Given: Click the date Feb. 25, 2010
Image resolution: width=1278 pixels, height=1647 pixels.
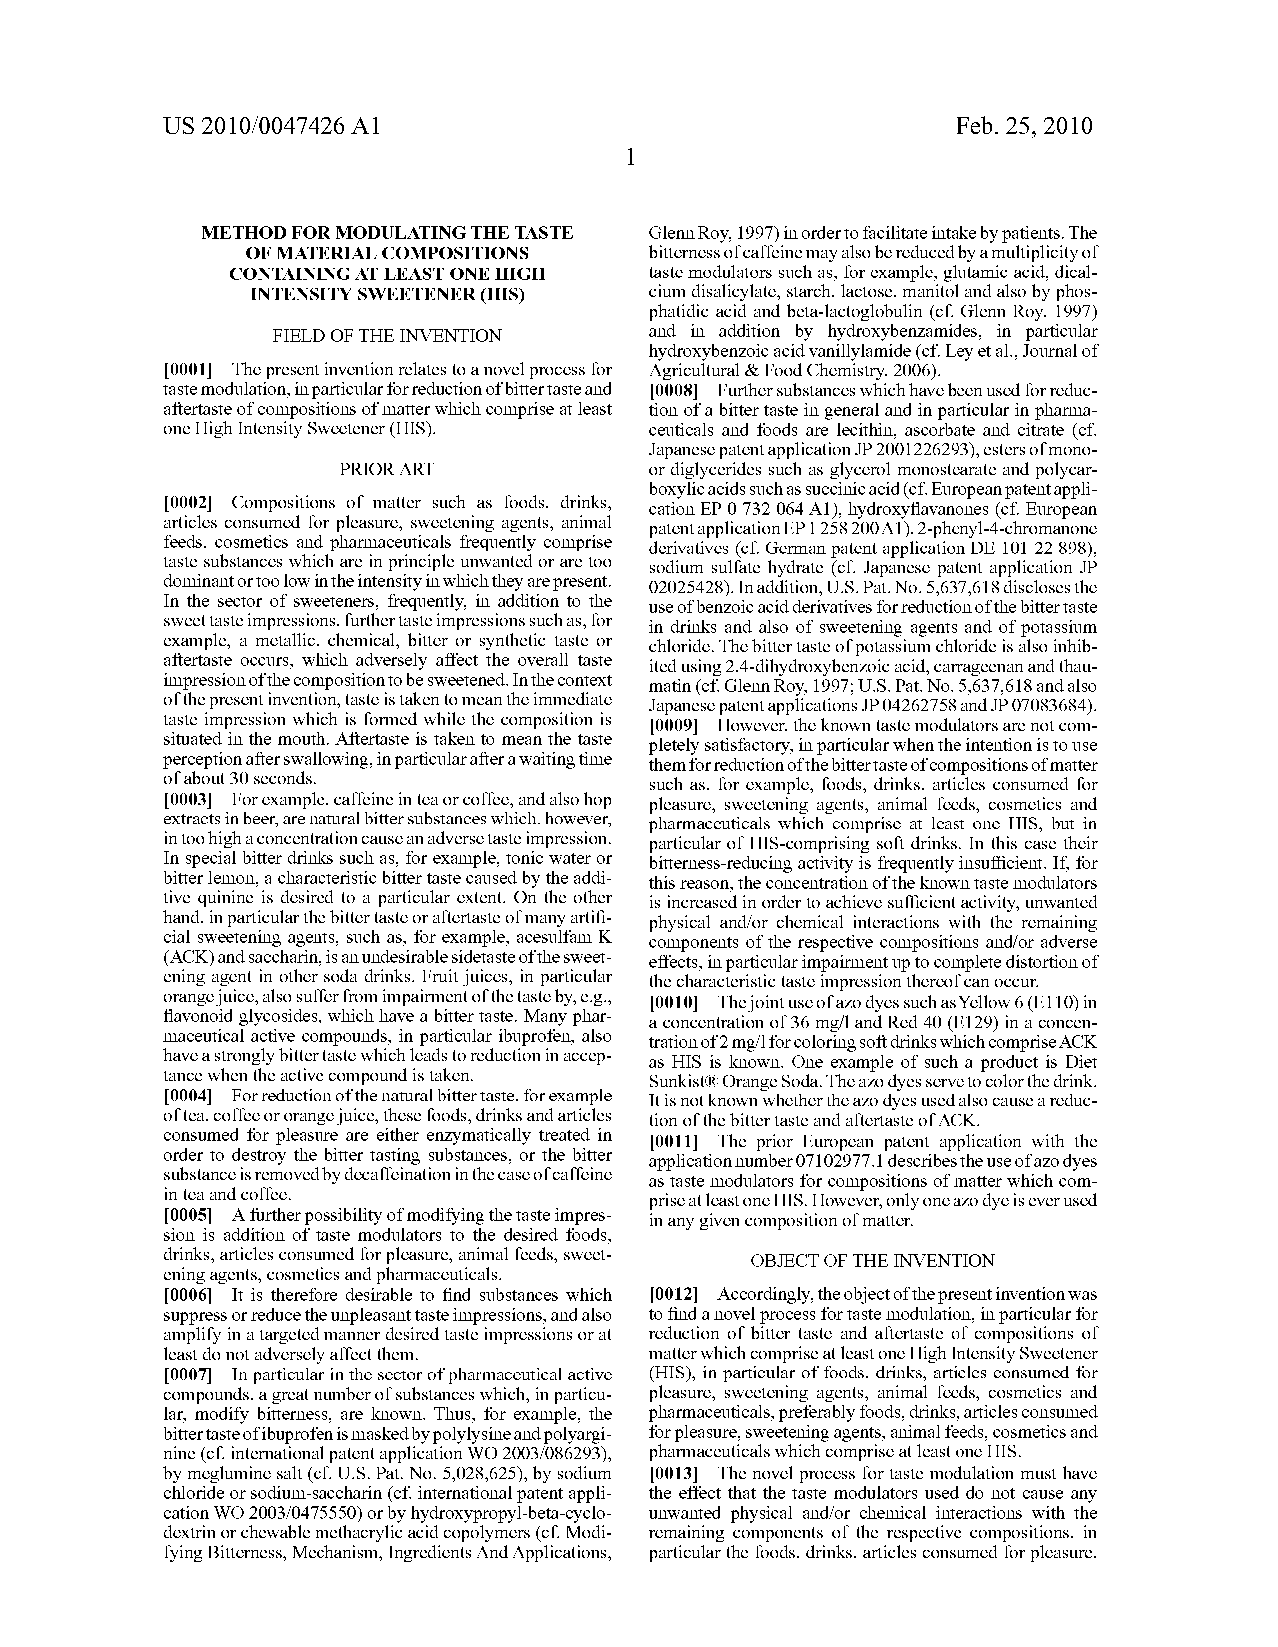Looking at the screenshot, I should tap(1024, 126).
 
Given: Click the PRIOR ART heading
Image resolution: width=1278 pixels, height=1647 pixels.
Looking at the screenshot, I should tap(387, 469).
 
